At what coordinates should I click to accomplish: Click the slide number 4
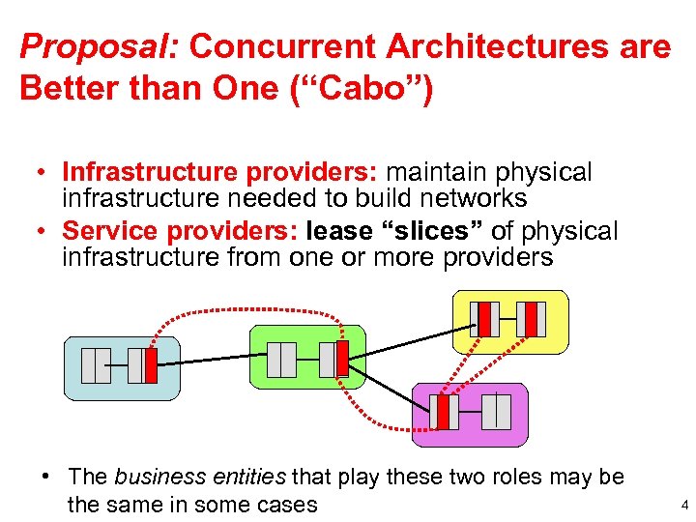tap(683, 504)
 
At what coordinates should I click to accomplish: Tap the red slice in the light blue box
tap(150, 365)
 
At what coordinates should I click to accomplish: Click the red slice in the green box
tap(341, 359)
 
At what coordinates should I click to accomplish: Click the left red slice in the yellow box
tap(484, 319)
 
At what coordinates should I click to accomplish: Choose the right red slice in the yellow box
tap(530, 319)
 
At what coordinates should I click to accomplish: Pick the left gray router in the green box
tap(281, 359)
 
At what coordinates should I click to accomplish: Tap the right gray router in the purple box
tap(496, 412)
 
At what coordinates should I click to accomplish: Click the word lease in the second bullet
tap(337, 232)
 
